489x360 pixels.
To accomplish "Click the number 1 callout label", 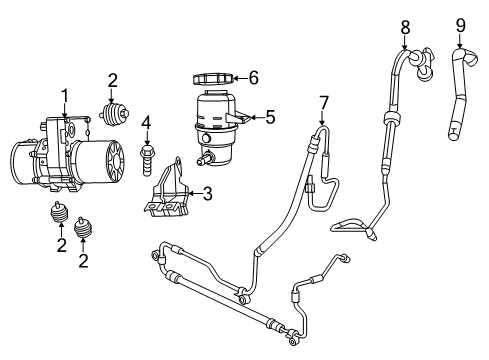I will (65, 95).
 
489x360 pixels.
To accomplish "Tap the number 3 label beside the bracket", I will (207, 194).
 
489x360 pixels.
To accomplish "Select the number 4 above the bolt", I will (146, 124).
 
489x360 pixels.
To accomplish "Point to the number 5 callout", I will (271, 117).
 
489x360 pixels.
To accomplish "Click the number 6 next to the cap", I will (254, 76).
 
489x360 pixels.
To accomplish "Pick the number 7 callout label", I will (323, 102).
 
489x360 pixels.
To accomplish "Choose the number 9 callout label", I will (460, 23).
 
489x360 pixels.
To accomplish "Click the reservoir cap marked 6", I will (211, 77).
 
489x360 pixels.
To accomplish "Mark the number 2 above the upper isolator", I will (113, 80).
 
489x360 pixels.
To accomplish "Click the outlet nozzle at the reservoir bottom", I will (206, 158).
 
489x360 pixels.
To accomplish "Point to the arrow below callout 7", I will (323, 120).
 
